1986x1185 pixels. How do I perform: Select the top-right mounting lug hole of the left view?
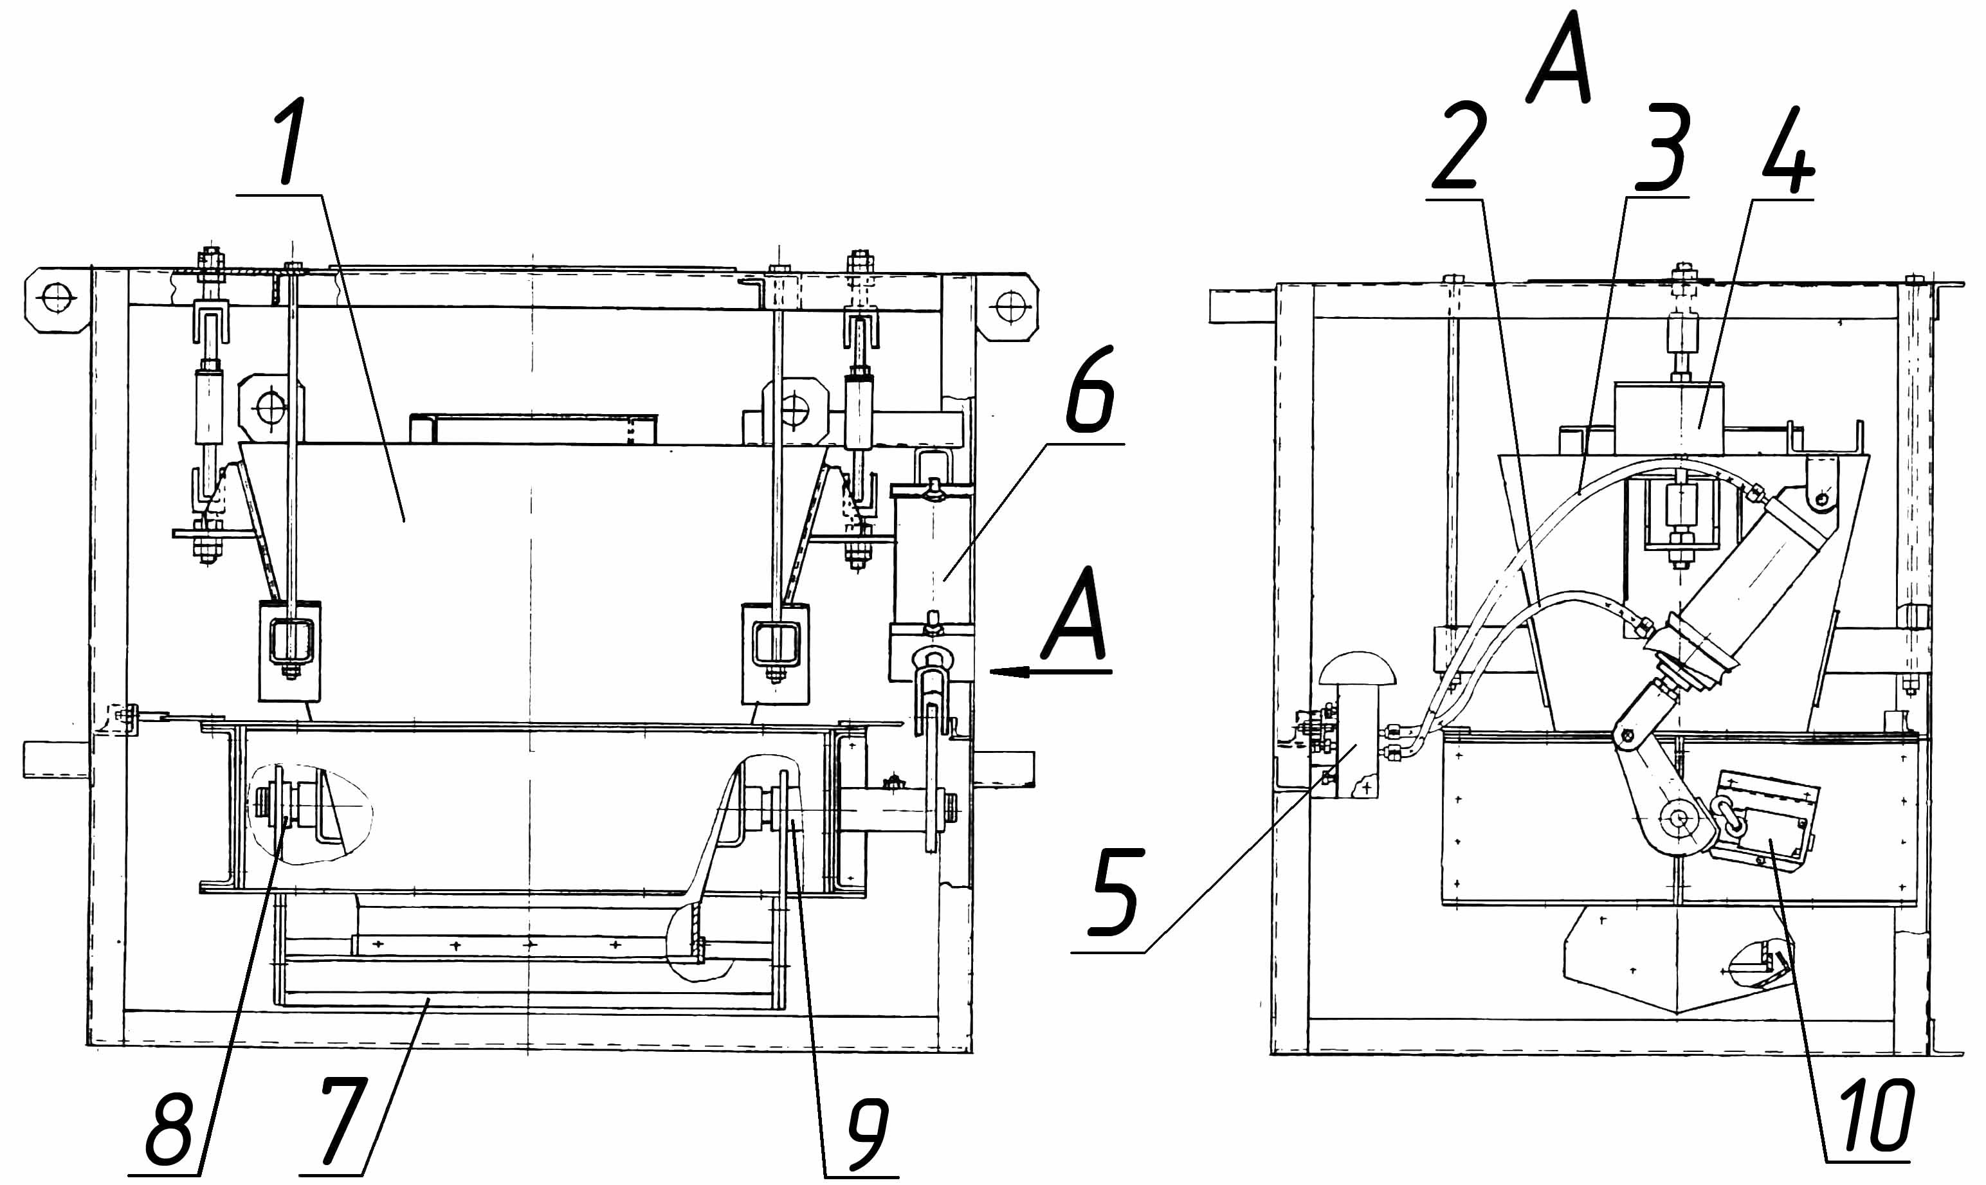coord(1010,306)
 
